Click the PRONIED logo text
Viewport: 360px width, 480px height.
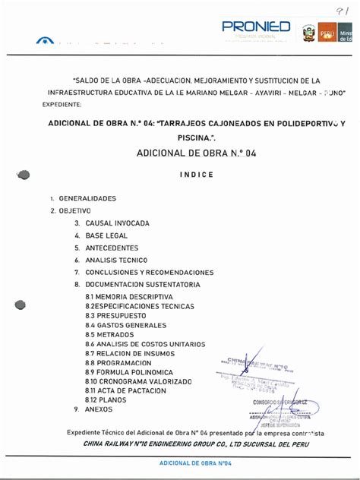click(255, 27)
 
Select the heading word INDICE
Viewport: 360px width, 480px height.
click(197, 175)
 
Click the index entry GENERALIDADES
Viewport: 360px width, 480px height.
click(87, 198)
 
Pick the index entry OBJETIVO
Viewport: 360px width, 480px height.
click(74, 210)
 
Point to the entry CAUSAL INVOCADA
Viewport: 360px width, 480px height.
click(117, 223)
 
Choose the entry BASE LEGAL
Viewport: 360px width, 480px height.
click(108, 235)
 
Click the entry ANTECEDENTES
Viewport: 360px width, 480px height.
click(113, 248)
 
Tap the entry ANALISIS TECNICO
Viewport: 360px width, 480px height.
click(116, 260)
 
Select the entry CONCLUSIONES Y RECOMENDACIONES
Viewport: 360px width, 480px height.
click(149, 272)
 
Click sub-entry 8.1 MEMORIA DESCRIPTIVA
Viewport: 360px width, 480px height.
click(129, 296)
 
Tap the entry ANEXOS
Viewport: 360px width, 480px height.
click(98, 409)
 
